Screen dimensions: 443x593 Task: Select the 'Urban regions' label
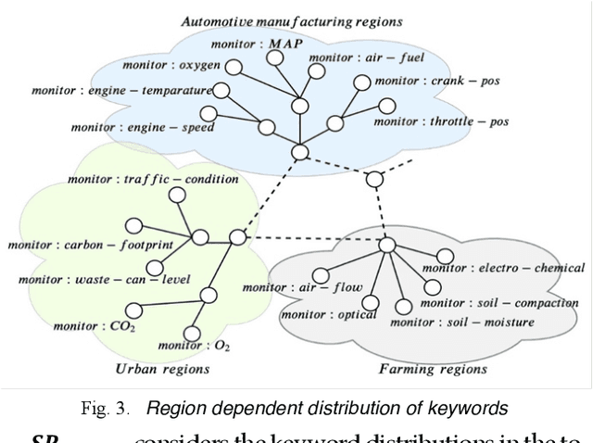coord(162,369)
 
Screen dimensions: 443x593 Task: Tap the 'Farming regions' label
coord(433,369)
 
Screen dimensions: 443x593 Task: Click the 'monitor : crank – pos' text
coord(437,81)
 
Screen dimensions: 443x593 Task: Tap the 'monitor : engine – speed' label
coord(131,127)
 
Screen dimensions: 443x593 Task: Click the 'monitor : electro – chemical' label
coord(502,269)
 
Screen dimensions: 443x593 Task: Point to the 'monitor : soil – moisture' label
coord(461,323)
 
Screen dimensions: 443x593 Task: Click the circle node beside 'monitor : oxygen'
coord(234,67)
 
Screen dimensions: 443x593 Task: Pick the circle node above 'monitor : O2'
coord(209,295)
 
